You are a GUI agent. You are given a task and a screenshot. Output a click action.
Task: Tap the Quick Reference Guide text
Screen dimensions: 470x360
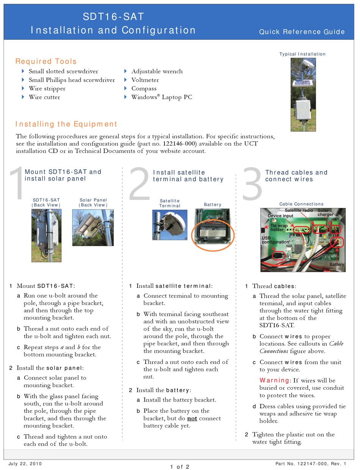click(302, 32)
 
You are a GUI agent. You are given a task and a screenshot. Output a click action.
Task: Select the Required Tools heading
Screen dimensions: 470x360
click(46, 61)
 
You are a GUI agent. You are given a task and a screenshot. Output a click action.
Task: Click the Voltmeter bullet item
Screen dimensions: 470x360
click(145, 80)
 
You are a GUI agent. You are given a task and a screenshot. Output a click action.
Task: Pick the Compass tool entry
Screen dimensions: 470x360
click(144, 89)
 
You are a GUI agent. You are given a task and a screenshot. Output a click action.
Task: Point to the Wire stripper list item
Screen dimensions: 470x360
click(47, 89)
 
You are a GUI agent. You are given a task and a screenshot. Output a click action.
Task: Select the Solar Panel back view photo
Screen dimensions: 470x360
click(93, 227)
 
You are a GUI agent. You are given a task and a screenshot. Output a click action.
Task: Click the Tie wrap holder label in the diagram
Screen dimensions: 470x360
click(280, 228)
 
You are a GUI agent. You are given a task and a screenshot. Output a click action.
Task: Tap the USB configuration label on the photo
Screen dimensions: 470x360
click(275, 240)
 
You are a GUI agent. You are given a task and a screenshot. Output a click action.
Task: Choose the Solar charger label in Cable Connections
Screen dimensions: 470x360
click(325, 212)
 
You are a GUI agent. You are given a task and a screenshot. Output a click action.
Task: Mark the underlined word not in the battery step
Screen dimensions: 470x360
click(192, 418)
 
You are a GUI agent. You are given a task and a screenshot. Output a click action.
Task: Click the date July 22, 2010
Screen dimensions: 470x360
click(25, 464)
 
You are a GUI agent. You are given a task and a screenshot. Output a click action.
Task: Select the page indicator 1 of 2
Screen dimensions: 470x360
click(180, 467)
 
